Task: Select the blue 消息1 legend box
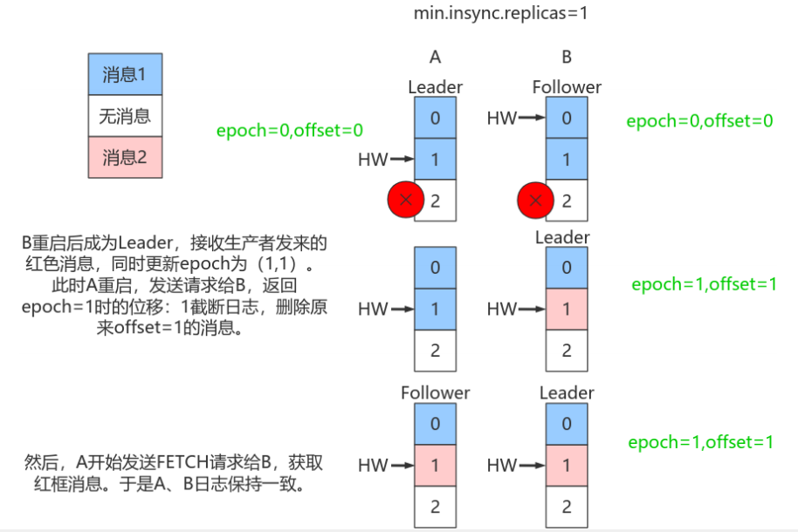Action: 125,74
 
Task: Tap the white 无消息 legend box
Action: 125,116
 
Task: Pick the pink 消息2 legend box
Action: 125,158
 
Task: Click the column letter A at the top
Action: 435,58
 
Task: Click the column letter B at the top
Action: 567,58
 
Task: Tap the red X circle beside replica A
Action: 406,201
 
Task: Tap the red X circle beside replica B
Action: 536,201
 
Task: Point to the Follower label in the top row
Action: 567,87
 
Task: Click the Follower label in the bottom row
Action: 435,393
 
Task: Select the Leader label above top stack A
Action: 435,87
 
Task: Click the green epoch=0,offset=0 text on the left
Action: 290,131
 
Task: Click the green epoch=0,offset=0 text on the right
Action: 699,121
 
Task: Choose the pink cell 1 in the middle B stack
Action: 567,309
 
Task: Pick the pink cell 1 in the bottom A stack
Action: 435,466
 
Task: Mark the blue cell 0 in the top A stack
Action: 435,118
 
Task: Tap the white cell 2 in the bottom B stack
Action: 567,506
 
